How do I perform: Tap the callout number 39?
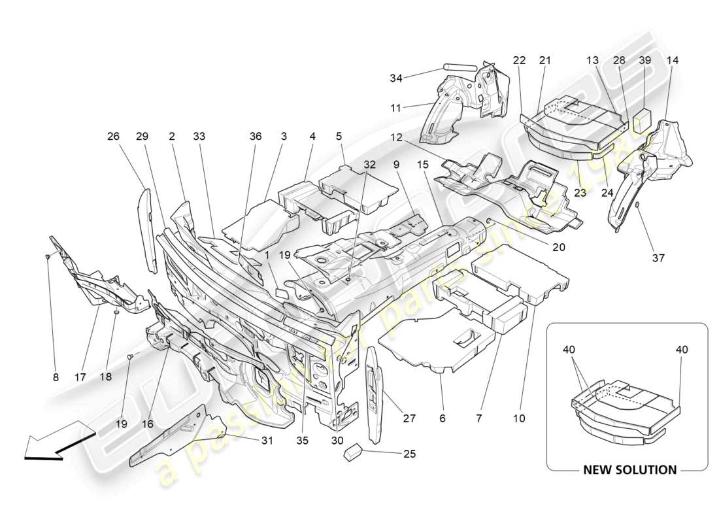click(x=644, y=60)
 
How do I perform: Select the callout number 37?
click(x=658, y=258)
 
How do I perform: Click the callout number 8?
click(x=56, y=377)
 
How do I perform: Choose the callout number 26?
click(x=114, y=137)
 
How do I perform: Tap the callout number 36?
click(x=255, y=137)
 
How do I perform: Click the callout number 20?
click(x=558, y=247)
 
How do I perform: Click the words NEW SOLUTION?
click(x=629, y=469)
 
